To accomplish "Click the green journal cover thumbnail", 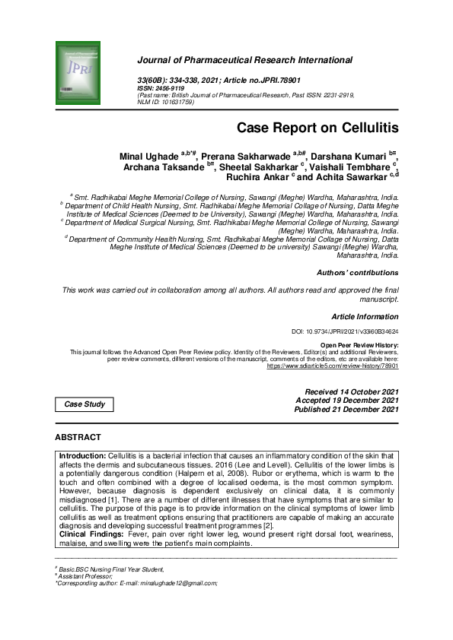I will tap(78, 74).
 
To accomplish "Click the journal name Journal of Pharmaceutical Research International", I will tap(244, 60).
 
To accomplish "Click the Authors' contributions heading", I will tap(357, 272).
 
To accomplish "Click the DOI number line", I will tap(345, 332).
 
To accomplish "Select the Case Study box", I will tap(85, 404).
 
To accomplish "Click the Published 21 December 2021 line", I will tap(346, 409).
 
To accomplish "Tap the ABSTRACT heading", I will tap(78, 438).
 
